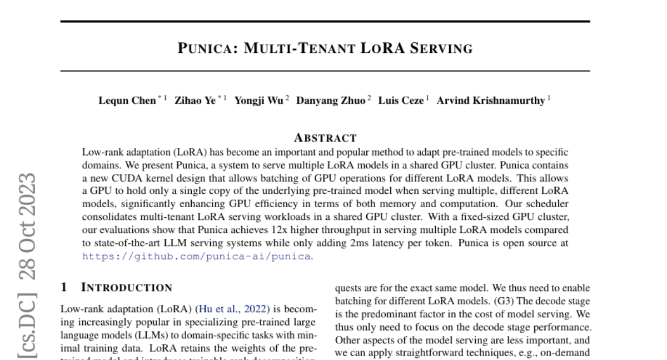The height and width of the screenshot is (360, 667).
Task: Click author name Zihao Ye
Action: [x=195, y=101]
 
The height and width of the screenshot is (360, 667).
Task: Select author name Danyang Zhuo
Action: [x=330, y=101]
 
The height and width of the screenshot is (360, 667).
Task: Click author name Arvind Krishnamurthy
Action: [x=491, y=101]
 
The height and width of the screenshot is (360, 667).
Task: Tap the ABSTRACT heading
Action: [x=325, y=138]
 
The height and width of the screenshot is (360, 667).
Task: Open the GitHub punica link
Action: [x=196, y=256]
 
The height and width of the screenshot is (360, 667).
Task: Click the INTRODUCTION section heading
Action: [x=127, y=288]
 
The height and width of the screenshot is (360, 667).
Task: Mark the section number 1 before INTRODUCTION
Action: [x=64, y=288]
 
